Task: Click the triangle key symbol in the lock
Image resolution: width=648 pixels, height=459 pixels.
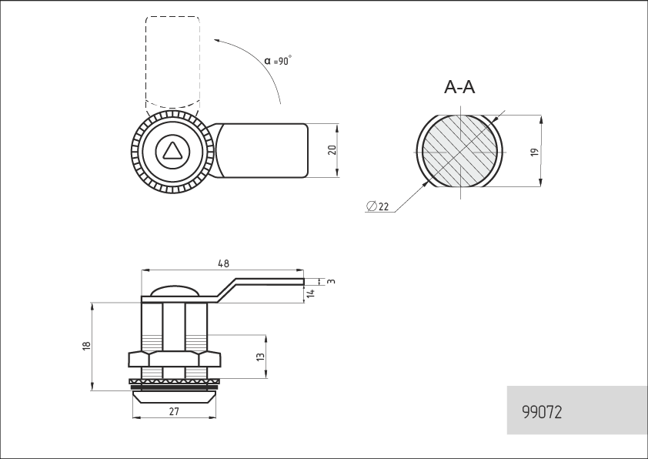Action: click(171, 152)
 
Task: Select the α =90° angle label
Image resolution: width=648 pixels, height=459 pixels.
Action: click(278, 60)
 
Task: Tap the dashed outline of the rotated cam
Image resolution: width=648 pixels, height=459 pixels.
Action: click(146, 62)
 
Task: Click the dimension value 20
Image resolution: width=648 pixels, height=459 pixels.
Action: click(332, 150)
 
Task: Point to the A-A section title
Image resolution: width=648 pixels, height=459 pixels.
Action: click(459, 87)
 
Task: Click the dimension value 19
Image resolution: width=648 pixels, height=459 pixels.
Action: click(535, 152)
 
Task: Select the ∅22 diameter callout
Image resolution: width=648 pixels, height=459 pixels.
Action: click(378, 206)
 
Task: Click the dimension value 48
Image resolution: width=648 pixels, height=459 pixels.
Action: click(223, 263)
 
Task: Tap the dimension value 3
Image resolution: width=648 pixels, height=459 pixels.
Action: click(331, 281)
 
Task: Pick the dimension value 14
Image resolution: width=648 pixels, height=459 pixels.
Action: click(311, 293)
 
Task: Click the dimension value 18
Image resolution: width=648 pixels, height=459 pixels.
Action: click(86, 346)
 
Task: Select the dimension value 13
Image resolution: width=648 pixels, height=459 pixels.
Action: click(260, 357)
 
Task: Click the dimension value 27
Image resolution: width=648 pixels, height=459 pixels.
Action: click(174, 411)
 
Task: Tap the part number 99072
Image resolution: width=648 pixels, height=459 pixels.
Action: click(542, 412)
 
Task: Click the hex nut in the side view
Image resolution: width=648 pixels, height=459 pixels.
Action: click(175, 359)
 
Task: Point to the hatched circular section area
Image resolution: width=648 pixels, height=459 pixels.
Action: click(459, 151)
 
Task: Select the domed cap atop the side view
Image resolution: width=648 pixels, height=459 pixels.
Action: click(175, 290)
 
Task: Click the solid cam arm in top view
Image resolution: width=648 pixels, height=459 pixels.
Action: click(261, 150)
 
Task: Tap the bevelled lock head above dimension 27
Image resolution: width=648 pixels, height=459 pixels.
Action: click(174, 397)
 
